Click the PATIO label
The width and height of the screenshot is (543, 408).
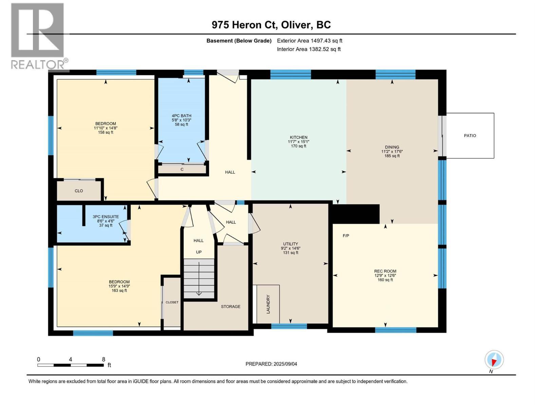pos(470,136)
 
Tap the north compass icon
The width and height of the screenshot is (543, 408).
pos(494,360)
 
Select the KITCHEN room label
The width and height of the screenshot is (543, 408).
pos(298,137)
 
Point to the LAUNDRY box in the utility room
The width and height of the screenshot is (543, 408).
pos(268,304)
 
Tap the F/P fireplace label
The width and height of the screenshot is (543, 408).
pos(346,236)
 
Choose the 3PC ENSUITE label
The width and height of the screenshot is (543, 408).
pos(106,217)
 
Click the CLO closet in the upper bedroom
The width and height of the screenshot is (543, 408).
pos(79,191)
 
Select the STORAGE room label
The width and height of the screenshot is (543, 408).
pos(230,307)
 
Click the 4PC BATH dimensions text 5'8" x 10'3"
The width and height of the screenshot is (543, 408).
pos(182,120)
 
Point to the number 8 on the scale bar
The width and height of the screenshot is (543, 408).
pos(104,359)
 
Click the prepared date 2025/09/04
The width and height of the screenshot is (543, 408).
pos(285,364)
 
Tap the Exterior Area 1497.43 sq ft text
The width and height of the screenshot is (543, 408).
pos(310,41)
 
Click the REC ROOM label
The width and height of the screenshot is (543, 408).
pos(385,271)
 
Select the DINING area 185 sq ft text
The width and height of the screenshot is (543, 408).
pos(392,156)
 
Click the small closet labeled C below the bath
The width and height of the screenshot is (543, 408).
pos(182,169)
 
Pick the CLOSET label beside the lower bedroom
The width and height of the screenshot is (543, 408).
pos(172,302)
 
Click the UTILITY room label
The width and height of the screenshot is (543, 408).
pos(291,244)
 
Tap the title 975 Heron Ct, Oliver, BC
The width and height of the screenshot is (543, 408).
pos(271,25)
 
